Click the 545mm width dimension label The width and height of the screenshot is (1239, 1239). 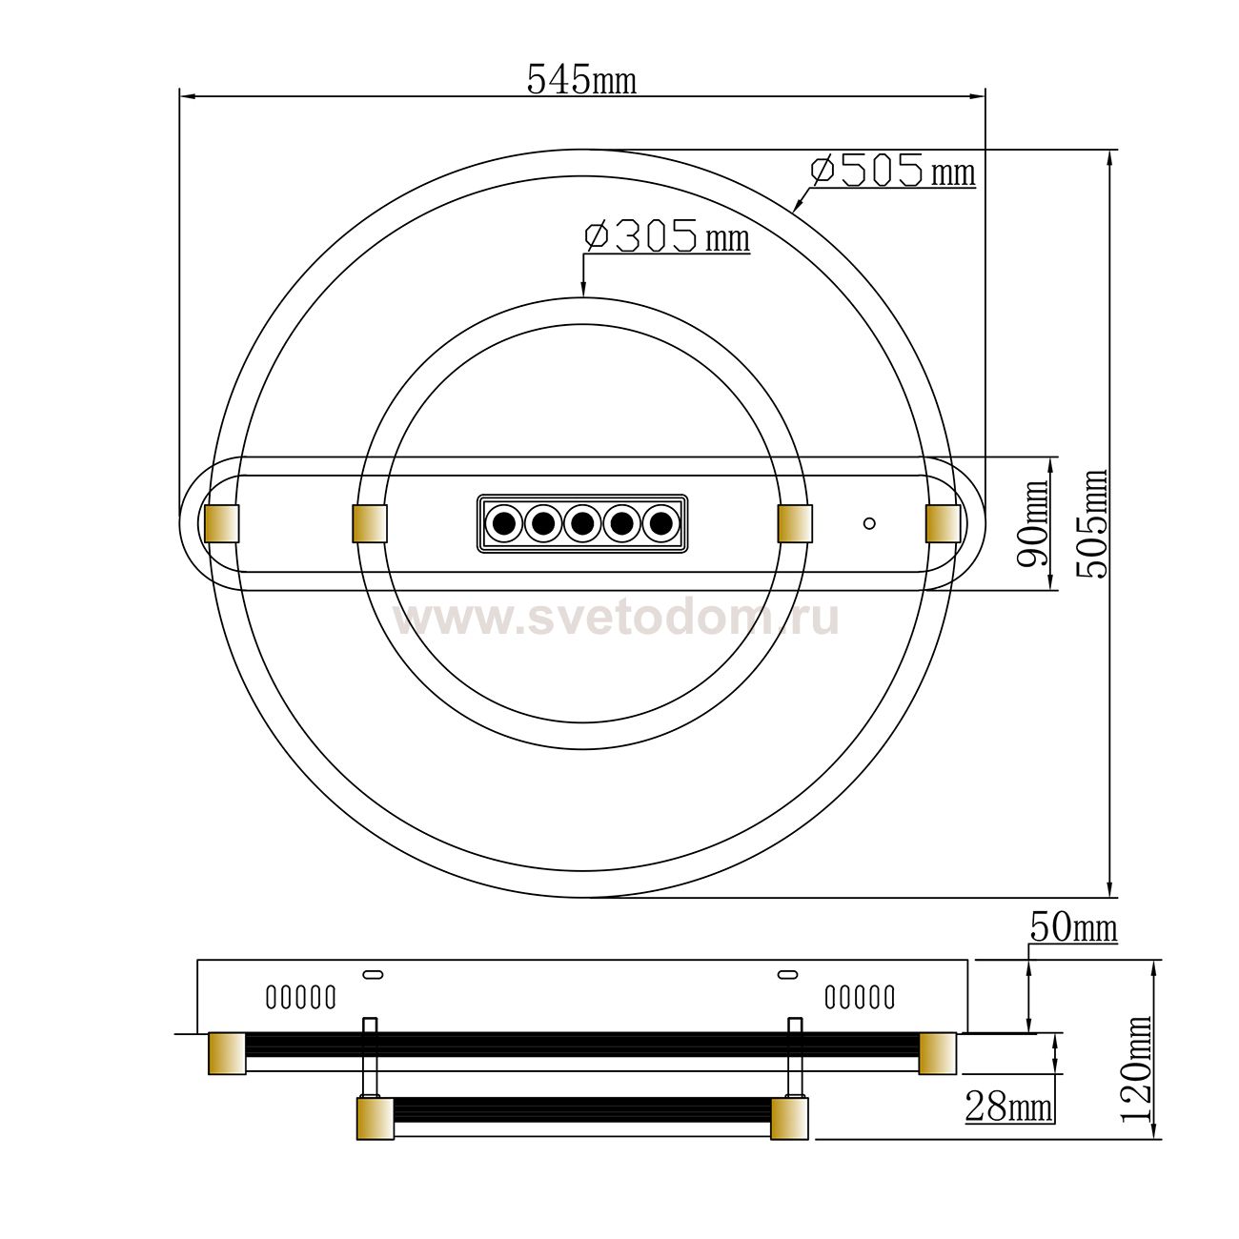coord(581,80)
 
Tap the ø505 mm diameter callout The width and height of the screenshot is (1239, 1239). coord(892,171)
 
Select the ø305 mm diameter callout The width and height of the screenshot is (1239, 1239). coord(667,236)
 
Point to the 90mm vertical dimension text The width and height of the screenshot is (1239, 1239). coord(1032,522)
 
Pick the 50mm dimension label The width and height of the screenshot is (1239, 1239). coord(1073,927)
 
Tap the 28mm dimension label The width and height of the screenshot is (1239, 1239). coord(1008,1107)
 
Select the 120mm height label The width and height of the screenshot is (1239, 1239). coord(1135,1068)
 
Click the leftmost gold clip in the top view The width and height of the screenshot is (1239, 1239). coord(222,523)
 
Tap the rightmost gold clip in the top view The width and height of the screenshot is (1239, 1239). coord(944,523)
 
